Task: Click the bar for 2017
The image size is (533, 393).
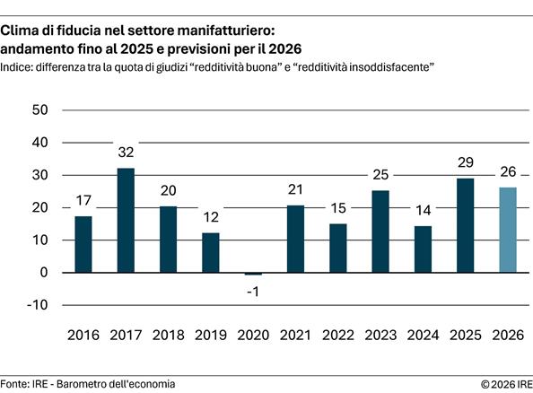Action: [x=126, y=220]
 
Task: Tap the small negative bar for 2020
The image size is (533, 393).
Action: [x=254, y=274]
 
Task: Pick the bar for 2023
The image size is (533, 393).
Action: [x=381, y=231]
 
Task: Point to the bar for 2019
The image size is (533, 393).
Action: [x=211, y=252]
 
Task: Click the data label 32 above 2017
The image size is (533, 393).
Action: [x=126, y=153]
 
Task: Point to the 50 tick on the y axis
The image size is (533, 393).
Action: [x=39, y=110]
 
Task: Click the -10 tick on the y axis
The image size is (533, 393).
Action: [x=37, y=305]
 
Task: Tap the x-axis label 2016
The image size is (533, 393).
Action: [x=83, y=335]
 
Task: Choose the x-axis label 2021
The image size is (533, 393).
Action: [x=296, y=335]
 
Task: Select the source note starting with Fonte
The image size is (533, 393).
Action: [x=88, y=383]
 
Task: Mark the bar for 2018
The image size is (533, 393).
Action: [x=169, y=240]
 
